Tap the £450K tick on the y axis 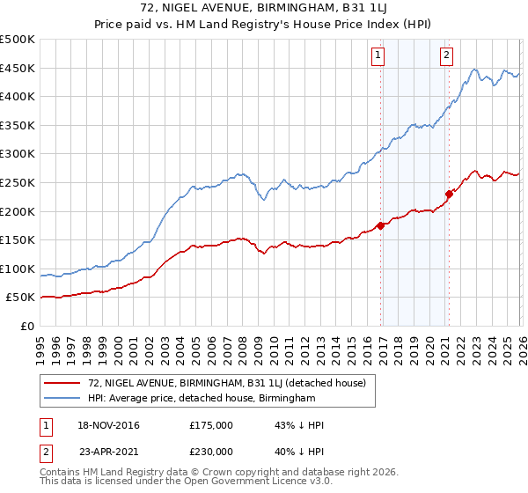(x=18, y=68)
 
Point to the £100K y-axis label (x=18, y=269)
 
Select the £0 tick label (x=27, y=326)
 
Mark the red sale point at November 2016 (x=380, y=225)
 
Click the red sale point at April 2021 (x=449, y=194)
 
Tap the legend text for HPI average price (x=202, y=398)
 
